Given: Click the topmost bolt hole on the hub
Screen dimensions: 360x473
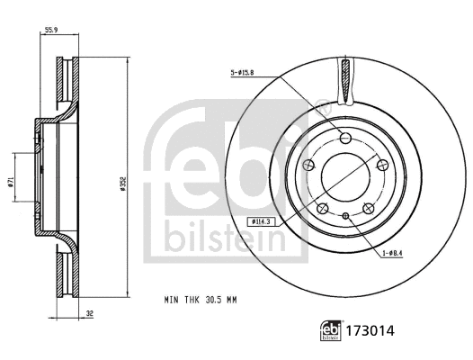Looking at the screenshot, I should (346, 138).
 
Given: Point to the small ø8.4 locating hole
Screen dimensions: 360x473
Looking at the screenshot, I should (346, 216).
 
